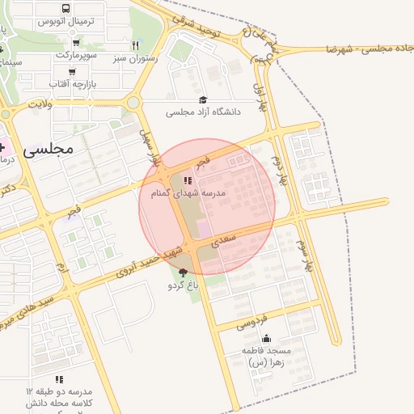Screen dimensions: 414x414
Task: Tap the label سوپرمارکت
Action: (76, 54)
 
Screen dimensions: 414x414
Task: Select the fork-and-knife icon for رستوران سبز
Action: (135, 45)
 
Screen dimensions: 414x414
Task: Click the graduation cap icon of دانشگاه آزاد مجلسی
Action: (202, 99)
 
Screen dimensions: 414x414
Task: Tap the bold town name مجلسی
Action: (49, 149)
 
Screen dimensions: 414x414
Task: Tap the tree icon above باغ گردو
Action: (183, 272)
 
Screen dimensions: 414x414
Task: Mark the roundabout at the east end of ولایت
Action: (132, 103)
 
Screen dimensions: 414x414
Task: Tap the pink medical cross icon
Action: (2, 148)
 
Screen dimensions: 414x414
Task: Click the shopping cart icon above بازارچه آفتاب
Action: (71, 71)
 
